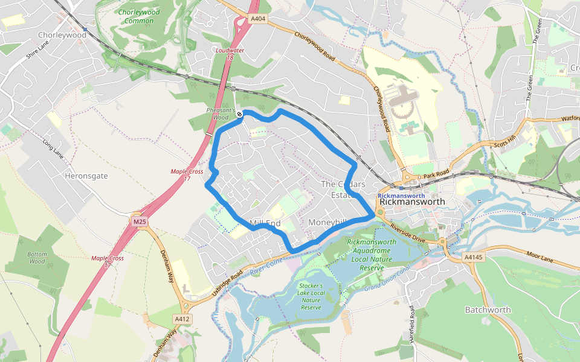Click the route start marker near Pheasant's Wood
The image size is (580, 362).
[x=240, y=114]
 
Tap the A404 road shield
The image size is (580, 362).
[x=258, y=19]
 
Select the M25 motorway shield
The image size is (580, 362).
[x=140, y=222]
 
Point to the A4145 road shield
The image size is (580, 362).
[x=473, y=257]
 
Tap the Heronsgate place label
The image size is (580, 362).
[x=85, y=176]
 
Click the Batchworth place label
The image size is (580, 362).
[x=488, y=310]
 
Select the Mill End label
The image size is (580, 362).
[x=265, y=223]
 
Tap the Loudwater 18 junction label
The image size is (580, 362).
[x=230, y=54]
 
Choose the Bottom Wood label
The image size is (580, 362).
[x=37, y=258]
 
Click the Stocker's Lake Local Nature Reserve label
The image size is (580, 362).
[x=311, y=296]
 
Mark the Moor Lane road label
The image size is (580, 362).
[x=540, y=259]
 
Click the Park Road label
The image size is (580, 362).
[x=437, y=174]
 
